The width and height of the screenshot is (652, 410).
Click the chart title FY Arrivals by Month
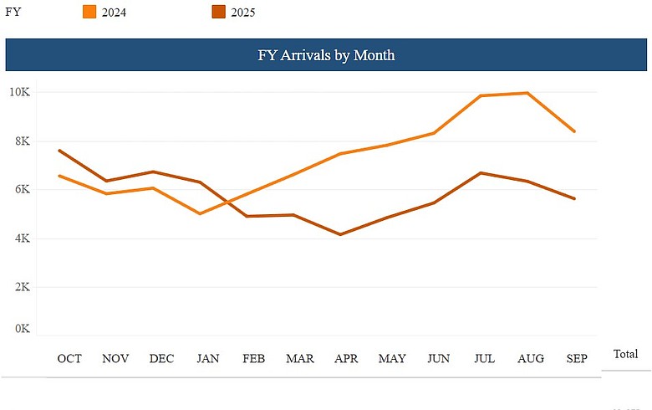coord(326,55)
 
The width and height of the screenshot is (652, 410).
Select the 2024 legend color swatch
coord(90,12)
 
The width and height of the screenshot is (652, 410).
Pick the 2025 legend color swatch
coord(218,12)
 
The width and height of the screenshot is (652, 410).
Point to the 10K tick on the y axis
coord(18,92)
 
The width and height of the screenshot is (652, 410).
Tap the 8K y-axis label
coord(20,141)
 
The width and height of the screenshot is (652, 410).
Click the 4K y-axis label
coord(20,238)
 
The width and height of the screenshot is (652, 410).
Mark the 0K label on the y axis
coord(20,329)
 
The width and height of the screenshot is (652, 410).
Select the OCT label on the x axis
coord(69,359)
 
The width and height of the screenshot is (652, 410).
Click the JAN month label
coord(208,359)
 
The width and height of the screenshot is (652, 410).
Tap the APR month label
coord(346,359)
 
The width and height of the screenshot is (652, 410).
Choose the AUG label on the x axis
coord(531,359)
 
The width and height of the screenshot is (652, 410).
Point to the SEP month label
coord(576,359)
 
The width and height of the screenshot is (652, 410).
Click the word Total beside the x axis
coord(625,354)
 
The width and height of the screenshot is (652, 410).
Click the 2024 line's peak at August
coord(527,93)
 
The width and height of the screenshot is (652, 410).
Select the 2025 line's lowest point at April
coord(340,234)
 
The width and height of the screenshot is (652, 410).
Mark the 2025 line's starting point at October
coord(59,151)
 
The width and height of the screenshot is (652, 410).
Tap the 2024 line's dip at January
coord(199,213)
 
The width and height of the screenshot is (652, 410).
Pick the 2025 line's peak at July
coord(480,173)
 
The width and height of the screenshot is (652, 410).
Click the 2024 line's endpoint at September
coord(574,131)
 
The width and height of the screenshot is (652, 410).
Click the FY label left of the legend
coord(13,12)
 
